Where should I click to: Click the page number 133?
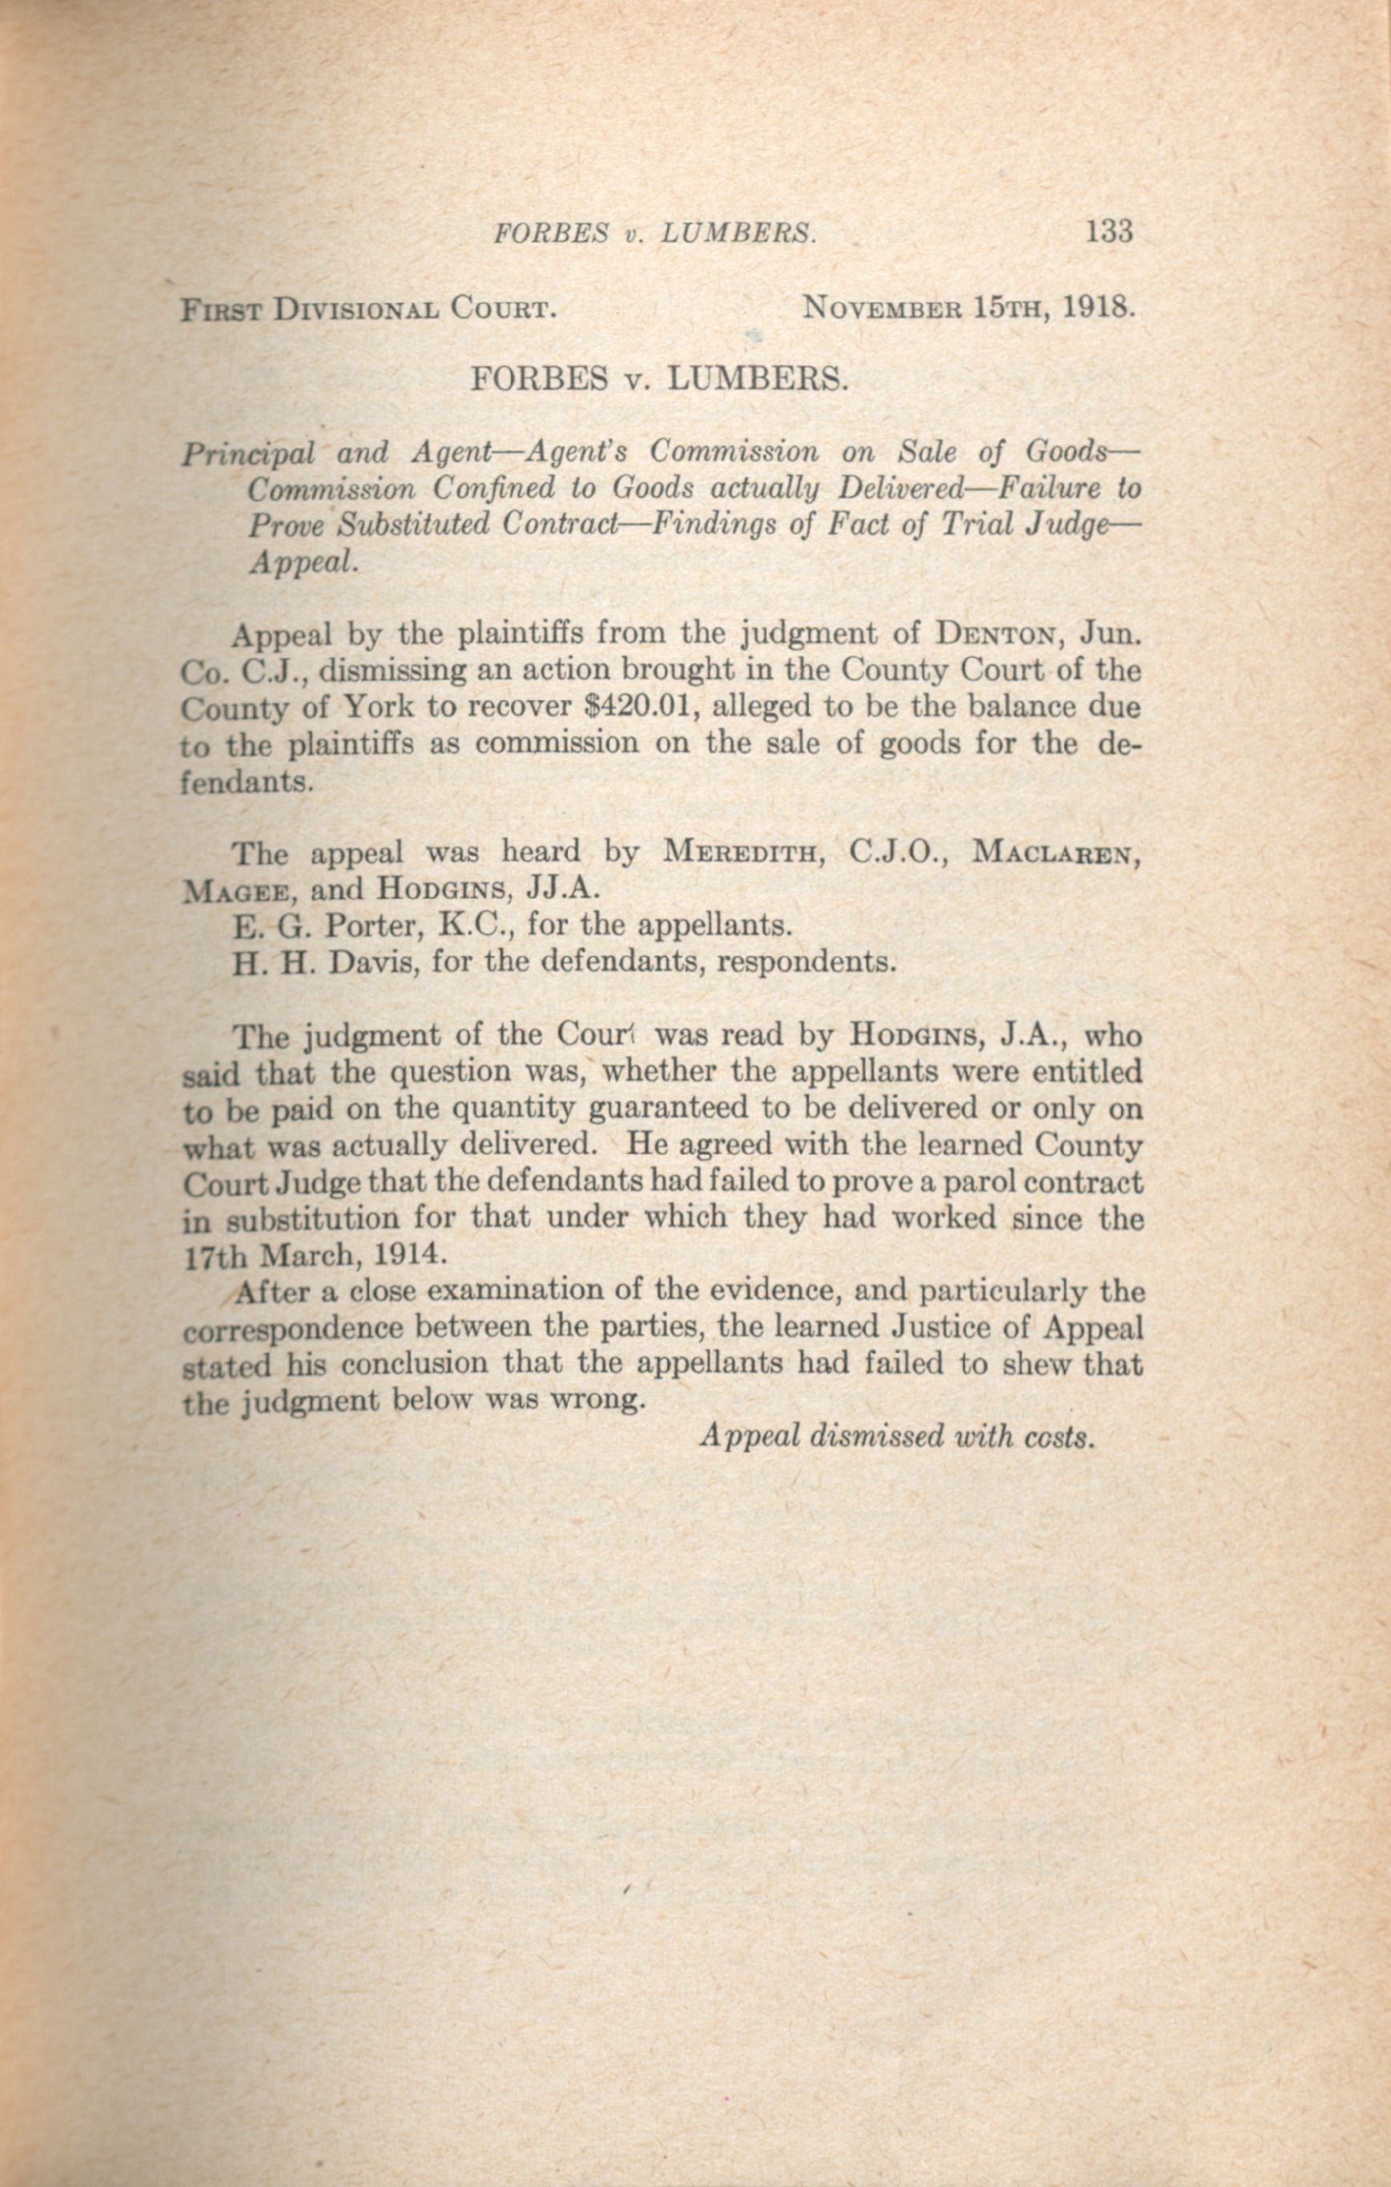click(1108, 232)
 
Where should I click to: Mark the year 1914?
click(408, 1255)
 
